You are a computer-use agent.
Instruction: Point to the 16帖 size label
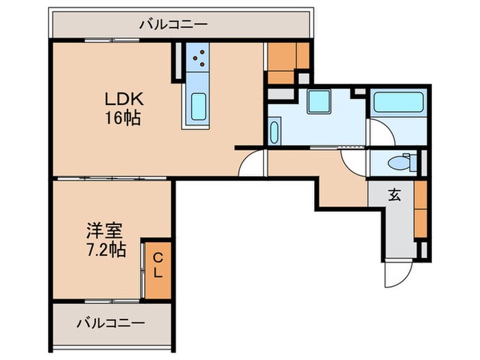tap(123, 118)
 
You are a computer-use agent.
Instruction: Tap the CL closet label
tap(158, 266)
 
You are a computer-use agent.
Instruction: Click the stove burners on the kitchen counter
tap(200, 58)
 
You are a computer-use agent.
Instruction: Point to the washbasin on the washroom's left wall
tap(274, 131)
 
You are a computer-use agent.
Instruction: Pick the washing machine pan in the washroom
tap(320, 102)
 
